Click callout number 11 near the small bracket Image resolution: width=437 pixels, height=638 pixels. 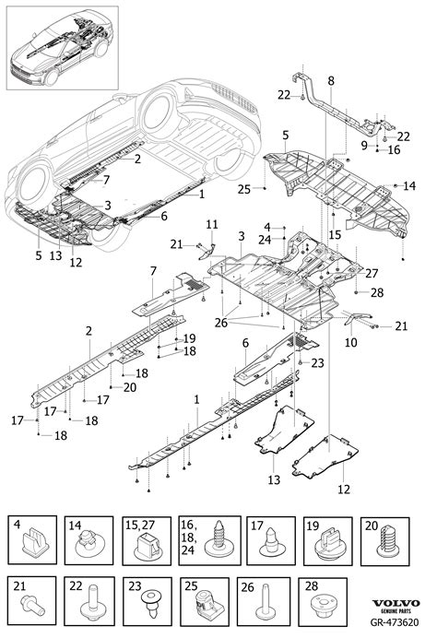[211, 225]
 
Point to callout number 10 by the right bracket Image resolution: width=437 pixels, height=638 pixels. [351, 341]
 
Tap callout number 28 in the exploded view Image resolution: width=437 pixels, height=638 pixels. [375, 292]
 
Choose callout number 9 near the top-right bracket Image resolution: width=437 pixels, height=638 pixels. [364, 145]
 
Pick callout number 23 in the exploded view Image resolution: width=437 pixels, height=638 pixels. [318, 363]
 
